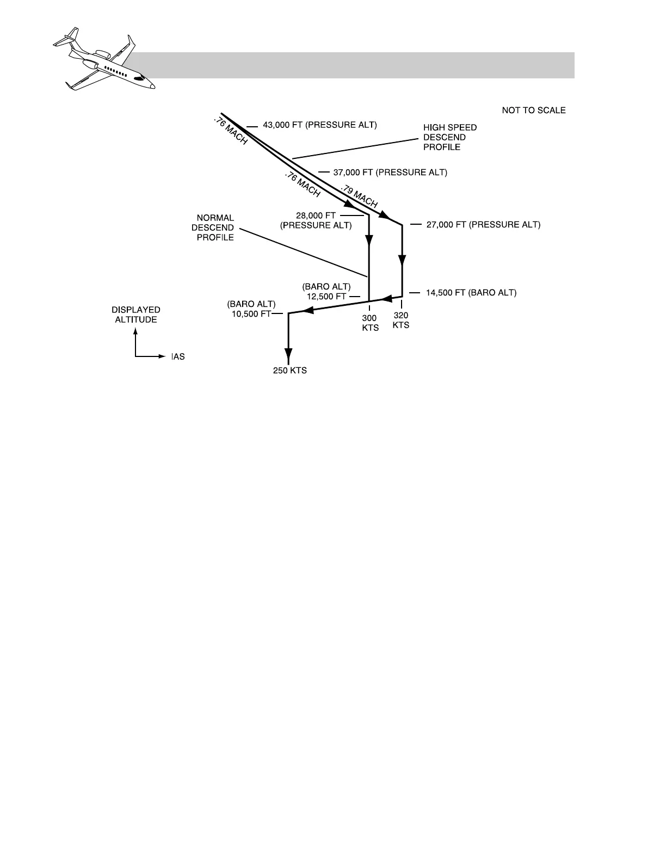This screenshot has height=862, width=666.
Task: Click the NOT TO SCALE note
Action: pos(533,110)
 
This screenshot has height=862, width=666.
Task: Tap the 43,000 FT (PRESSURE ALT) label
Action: pos(319,125)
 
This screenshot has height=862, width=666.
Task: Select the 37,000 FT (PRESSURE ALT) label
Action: pos(390,173)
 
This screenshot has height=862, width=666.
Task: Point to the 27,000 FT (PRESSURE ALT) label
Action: pos(483,224)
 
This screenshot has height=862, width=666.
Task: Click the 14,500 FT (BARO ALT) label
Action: pos(471,293)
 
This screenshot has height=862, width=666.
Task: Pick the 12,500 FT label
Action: pos(326,297)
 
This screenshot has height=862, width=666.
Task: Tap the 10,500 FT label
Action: pos(251,314)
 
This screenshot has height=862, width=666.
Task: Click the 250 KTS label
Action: pos(290,371)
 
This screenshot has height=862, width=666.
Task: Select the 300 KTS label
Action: pos(370,323)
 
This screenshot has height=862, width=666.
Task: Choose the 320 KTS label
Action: pos(401,320)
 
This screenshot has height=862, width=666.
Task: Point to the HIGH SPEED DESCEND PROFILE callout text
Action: pos(449,137)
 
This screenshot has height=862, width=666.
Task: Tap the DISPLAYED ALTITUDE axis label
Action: pos(136,315)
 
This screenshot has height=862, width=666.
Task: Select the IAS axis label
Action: pos(178,357)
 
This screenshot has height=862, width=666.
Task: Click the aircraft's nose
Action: pos(152,85)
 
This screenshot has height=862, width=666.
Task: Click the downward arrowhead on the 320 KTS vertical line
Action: pos(402,260)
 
